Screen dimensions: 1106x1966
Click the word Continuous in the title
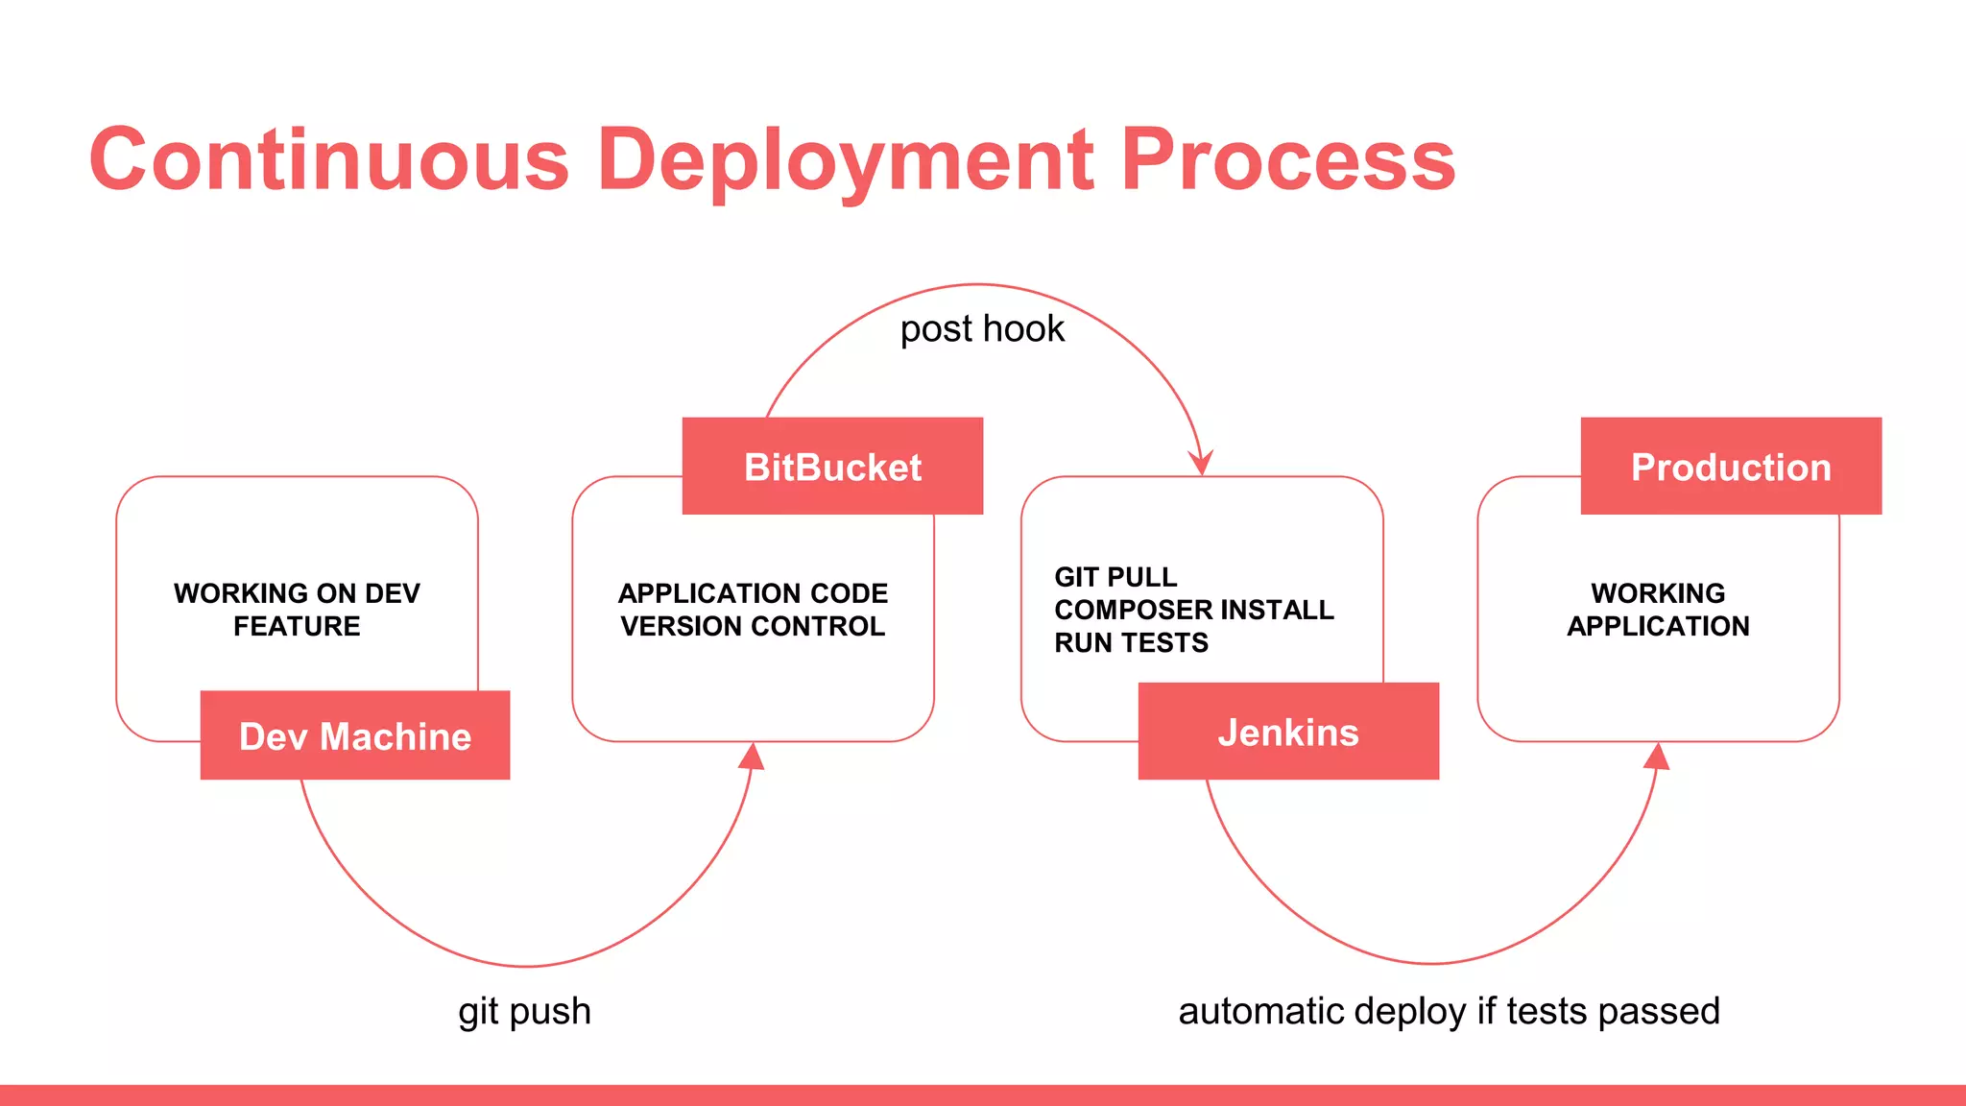[329, 159]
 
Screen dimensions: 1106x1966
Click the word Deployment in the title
[845, 159]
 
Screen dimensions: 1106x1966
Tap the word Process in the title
[1287, 159]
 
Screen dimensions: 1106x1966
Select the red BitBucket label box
[832, 467]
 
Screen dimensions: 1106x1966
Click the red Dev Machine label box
[354, 735]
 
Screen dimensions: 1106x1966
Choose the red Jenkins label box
[1288, 732]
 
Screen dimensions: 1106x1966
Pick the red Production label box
[1731, 467]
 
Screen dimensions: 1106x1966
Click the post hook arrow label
[982, 329]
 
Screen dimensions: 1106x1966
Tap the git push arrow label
[524, 1011]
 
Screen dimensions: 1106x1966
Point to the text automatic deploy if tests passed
[1449, 1011]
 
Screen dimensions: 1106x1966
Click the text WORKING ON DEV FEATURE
[297, 610]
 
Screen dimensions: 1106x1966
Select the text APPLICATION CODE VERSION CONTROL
[753, 610]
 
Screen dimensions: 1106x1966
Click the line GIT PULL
[1115, 577]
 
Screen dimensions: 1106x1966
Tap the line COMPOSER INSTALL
[1193, 610]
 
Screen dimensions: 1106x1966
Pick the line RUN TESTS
[1131, 642]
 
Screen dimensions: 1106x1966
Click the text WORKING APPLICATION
[1658, 610]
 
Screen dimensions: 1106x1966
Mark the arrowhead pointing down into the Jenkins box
[1201, 463]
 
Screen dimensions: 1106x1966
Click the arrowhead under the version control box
[753, 757]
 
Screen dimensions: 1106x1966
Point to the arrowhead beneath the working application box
[1657, 757]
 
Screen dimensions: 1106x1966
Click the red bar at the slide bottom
[983, 1095]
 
